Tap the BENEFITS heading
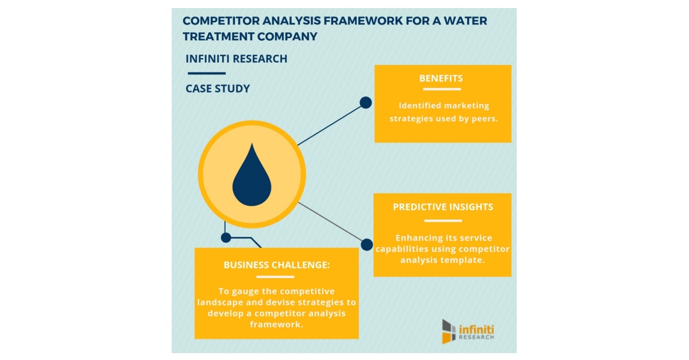[x=441, y=78]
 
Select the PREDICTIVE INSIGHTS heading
[x=443, y=207]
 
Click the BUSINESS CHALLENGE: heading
[x=277, y=265]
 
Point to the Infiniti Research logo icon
[x=448, y=331]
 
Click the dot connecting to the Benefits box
[x=366, y=103]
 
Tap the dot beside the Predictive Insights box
[x=367, y=245]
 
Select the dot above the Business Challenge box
[x=226, y=237]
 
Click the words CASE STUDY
[x=218, y=89]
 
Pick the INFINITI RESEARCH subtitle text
[x=237, y=59]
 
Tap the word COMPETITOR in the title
[x=220, y=21]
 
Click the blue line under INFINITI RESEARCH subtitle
[x=206, y=73]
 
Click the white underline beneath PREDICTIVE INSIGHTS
[x=443, y=220]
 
